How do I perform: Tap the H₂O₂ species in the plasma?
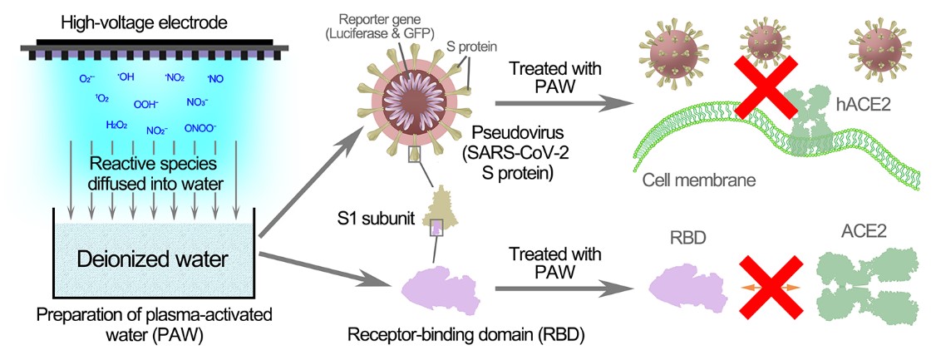pyautogui.click(x=116, y=125)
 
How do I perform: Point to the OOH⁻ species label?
pyautogui.click(x=146, y=105)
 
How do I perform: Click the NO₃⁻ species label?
pyautogui.click(x=198, y=102)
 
